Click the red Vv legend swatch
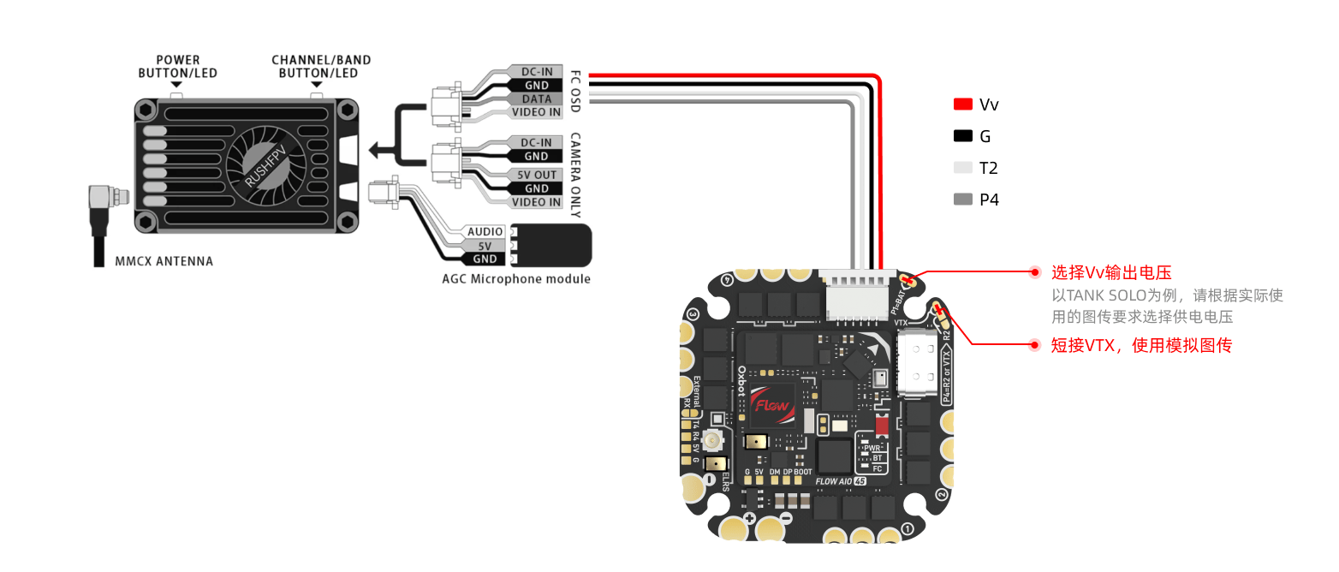pyautogui.click(x=963, y=104)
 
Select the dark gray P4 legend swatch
pyautogui.click(x=963, y=200)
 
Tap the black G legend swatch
pyautogui.click(x=963, y=136)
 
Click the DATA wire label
pyautogui.click(x=537, y=98)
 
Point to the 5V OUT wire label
pyautogui.click(x=536, y=175)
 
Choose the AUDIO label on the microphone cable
pyautogui.click(x=485, y=232)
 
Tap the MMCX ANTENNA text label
pyautogui.click(x=164, y=261)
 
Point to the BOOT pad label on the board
pyautogui.click(x=803, y=472)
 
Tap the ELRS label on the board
pyautogui.click(x=727, y=480)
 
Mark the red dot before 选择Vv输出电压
pyautogui.click(x=1035, y=272)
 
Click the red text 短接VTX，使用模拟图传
pyautogui.click(x=1142, y=345)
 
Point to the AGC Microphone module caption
pyautogui.click(x=516, y=279)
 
